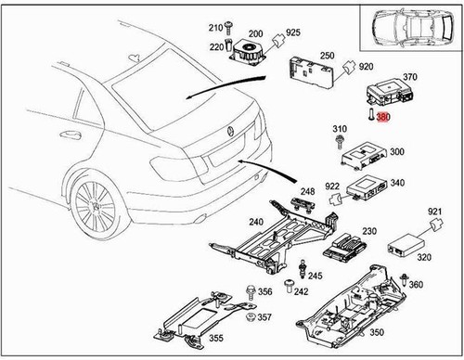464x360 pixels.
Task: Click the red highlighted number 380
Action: (x=383, y=117)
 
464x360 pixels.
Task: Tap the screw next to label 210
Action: (x=228, y=28)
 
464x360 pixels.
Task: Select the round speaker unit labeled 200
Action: (x=248, y=53)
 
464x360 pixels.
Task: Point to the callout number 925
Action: (x=293, y=32)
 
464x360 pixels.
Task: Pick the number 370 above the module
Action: (x=410, y=77)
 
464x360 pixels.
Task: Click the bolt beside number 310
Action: (x=340, y=142)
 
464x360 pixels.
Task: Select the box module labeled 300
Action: (x=364, y=156)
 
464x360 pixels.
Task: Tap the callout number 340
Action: (x=397, y=183)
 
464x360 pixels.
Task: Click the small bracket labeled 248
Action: (x=303, y=205)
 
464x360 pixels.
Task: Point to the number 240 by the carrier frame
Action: (x=256, y=222)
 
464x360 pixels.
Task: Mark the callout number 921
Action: (x=435, y=212)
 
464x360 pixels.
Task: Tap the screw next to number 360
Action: (x=404, y=280)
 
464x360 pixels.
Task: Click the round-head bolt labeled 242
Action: (x=289, y=286)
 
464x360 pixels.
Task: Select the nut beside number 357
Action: (x=250, y=316)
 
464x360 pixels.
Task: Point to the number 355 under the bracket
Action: (x=216, y=338)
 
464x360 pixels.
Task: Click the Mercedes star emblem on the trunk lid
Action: (x=231, y=131)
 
